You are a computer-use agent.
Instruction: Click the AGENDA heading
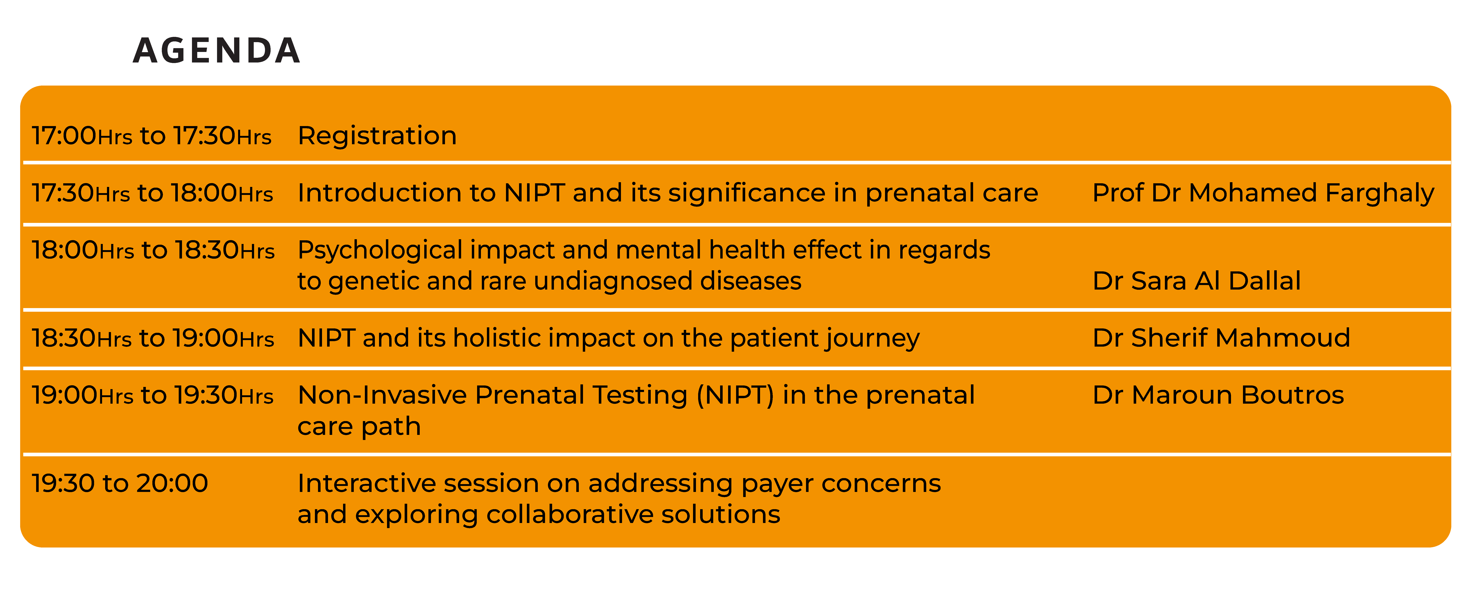pyautogui.click(x=217, y=50)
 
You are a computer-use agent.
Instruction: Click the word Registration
pyautogui.click(x=377, y=136)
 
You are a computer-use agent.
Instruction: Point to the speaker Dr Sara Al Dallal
pyautogui.click(x=1196, y=281)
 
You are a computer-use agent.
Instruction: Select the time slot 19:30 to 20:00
pyautogui.click(x=120, y=483)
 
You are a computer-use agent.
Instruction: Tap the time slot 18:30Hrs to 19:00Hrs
pyautogui.click(x=153, y=338)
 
